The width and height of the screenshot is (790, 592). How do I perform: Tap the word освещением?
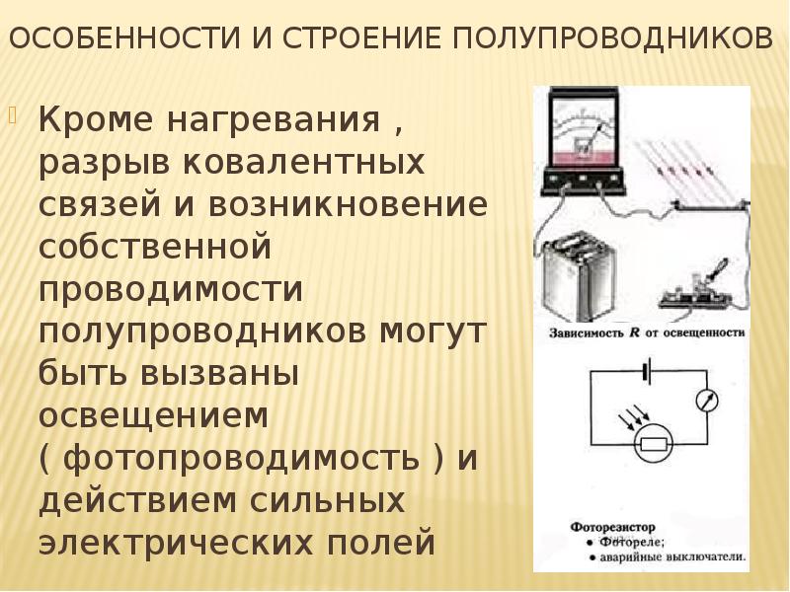(153, 417)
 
